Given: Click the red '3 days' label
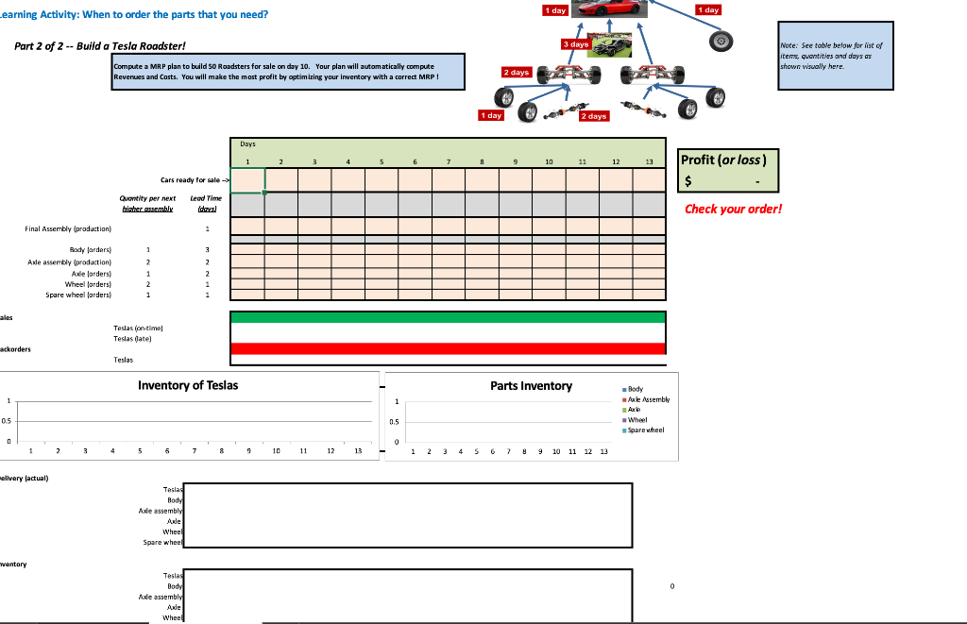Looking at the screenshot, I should click(x=575, y=44).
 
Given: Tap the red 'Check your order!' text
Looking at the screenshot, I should click(x=734, y=209).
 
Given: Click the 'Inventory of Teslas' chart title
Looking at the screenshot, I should click(x=188, y=385).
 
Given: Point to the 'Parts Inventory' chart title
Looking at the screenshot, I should click(x=531, y=385).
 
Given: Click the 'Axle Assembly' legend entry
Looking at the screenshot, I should click(x=649, y=399).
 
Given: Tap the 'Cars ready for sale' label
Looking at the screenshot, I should click(x=192, y=179).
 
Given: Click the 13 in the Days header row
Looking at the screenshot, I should click(x=649, y=162).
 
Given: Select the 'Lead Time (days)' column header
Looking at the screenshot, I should click(x=206, y=203).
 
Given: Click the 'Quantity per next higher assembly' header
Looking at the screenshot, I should click(x=147, y=203).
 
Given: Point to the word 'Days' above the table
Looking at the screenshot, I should click(x=246, y=144).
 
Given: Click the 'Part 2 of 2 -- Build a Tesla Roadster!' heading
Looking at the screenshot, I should click(x=100, y=46).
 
